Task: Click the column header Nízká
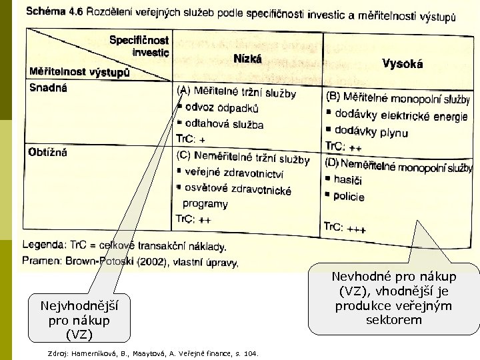click(x=247, y=59)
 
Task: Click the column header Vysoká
click(x=403, y=64)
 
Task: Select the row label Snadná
click(x=48, y=87)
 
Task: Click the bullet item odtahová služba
click(x=224, y=124)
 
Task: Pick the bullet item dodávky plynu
click(x=371, y=132)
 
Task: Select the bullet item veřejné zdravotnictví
click(x=234, y=175)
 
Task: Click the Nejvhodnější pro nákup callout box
click(x=77, y=317)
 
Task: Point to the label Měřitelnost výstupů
click(x=79, y=71)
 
